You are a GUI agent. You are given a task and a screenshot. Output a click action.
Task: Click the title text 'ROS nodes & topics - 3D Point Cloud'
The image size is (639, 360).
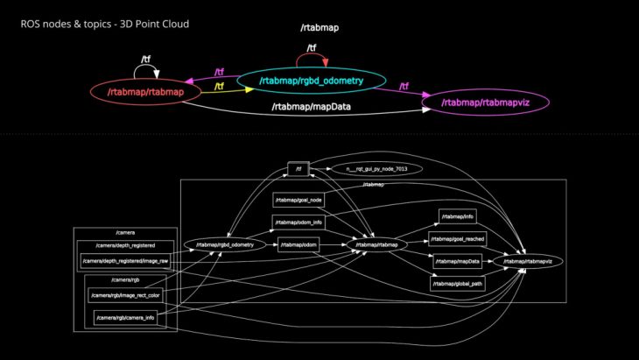tap(104, 24)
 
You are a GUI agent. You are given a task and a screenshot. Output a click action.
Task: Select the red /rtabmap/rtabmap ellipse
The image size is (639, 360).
tap(144, 91)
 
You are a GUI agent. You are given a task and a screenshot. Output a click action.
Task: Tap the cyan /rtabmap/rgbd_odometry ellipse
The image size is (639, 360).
tap(311, 81)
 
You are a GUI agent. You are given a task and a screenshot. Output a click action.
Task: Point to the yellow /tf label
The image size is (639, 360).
tap(220, 86)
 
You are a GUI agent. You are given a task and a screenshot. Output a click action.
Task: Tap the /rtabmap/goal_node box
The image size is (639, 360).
tap(292, 201)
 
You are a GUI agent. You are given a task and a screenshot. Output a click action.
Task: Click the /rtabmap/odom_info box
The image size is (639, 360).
tap(292, 222)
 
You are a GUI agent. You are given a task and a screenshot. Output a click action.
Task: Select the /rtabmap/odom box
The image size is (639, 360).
tap(298, 245)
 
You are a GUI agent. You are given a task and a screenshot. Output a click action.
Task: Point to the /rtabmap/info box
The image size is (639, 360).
tap(458, 216)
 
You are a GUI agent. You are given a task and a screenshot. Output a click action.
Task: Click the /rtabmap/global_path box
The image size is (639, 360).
tap(456, 284)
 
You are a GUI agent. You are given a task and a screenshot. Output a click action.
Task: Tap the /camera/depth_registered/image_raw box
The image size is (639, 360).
tap(125, 261)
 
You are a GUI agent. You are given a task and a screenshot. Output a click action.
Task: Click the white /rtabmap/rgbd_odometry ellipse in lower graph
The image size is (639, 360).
tap(224, 245)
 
